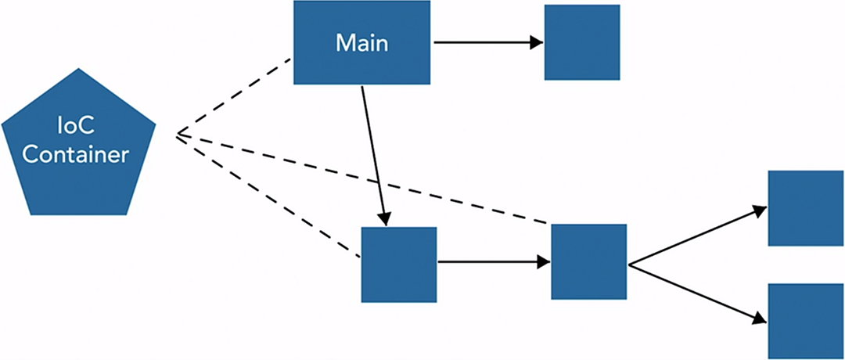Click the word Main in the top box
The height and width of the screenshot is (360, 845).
click(361, 42)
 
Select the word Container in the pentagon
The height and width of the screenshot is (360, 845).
click(75, 155)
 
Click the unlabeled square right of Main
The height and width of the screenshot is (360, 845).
click(581, 42)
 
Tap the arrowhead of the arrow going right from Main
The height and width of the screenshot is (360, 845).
click(537, 42)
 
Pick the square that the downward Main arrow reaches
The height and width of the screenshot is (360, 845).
click(398, 265)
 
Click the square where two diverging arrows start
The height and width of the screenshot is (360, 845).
click(588, 261)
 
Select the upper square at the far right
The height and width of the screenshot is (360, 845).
click(805, 207)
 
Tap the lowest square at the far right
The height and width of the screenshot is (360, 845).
click(805, 321)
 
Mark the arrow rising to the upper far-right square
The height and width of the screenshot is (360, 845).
click(696, 236)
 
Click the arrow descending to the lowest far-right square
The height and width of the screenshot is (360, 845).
click(696, 292)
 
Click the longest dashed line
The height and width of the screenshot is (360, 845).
click(360, 179)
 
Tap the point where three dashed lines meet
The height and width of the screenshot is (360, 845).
click(178, 135)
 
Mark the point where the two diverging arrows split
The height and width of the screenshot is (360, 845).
click(629, 265)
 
